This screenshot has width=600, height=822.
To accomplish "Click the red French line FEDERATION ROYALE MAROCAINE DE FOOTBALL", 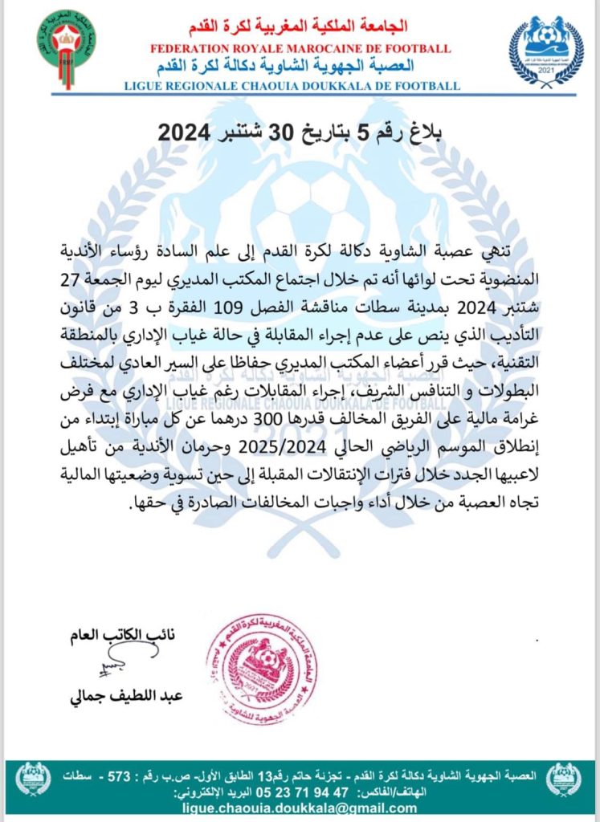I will [x=300, y=49].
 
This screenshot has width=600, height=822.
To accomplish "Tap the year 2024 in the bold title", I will [x=183, y=134].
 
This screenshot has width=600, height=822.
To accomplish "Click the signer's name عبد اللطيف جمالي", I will [x=127, y=695].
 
